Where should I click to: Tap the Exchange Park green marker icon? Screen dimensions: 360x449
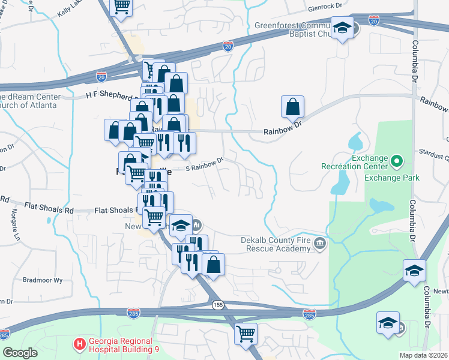[x=396, y=161]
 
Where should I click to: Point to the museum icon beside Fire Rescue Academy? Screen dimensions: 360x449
[x=320, y=243]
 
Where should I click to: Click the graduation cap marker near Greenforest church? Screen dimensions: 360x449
[x=342, y=28]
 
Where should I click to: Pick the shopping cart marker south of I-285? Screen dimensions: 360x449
[x=246, y=332]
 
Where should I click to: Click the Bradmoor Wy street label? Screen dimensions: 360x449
[x=42, y=280]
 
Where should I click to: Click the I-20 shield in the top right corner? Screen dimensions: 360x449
[x=374, y=21]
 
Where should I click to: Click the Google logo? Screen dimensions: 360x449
[x=20, y=353]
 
